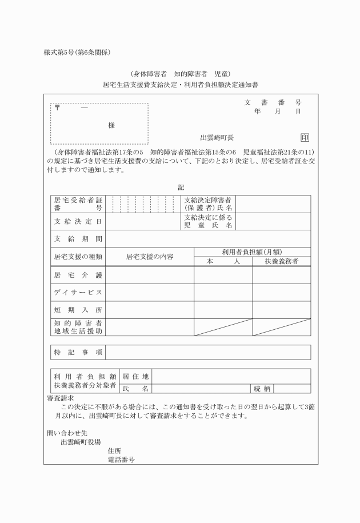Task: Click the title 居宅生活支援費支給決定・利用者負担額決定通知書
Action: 180,85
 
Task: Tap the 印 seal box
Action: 305,138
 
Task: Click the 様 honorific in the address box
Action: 111,125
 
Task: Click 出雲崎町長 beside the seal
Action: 217,138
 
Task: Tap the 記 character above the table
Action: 181,187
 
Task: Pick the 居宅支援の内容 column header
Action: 150,257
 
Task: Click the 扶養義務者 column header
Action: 281,261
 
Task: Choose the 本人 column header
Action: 223,261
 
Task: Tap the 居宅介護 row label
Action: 78,276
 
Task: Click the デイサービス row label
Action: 78,293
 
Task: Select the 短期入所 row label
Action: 78,310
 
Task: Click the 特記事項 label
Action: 78,352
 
